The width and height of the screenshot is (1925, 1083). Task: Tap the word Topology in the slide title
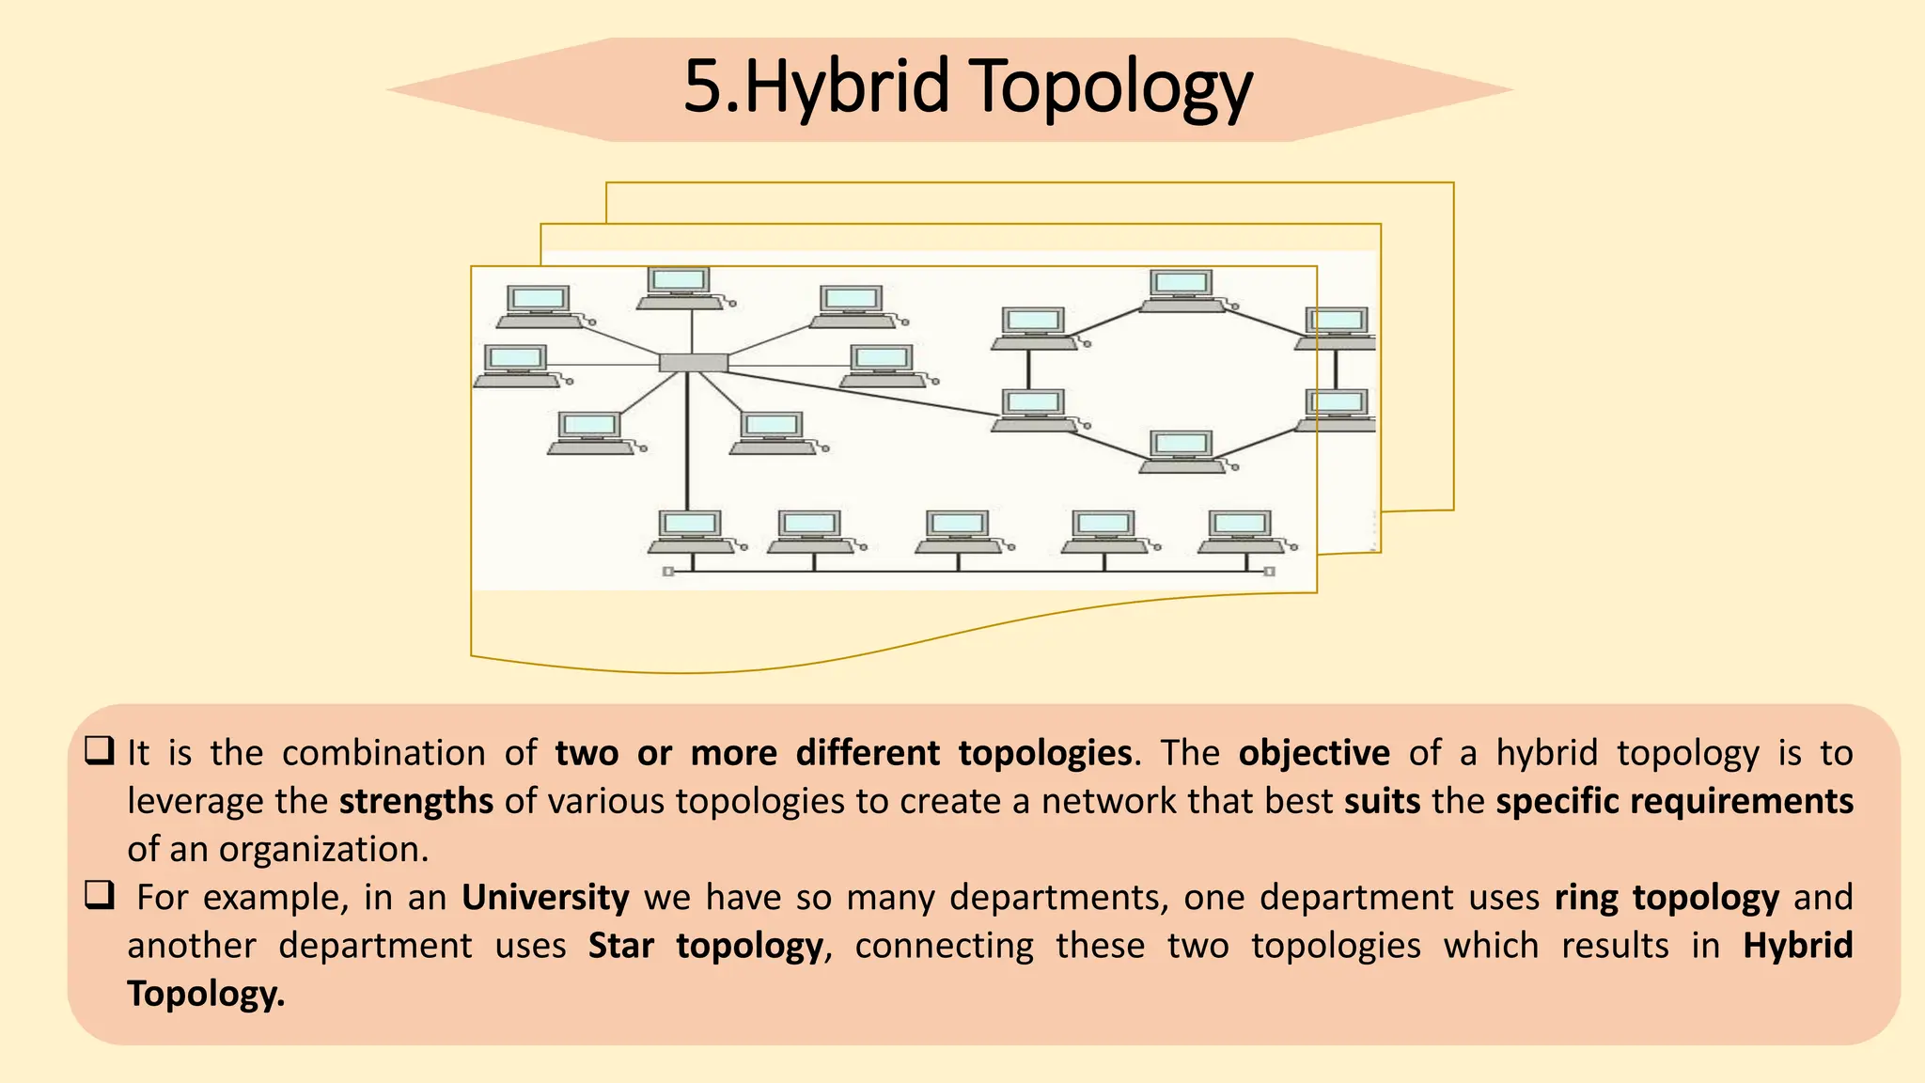coord(1110,87)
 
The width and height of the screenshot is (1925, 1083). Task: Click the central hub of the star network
coord(693,363)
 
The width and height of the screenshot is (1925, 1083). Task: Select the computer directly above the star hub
coord(681,288)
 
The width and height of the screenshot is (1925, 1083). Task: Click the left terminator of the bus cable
coord(668,572)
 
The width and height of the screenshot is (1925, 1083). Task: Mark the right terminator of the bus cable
coord(1269,572)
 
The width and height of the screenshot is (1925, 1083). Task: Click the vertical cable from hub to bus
coord(688,442)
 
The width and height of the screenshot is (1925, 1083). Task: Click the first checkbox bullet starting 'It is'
coord(99,751)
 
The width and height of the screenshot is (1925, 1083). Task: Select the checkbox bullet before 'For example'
coord(99,896)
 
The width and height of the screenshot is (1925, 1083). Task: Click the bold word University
coord(545,898)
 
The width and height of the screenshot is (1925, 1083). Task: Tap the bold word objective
coord(1313,753)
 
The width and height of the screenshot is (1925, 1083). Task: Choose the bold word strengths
coord(416,801)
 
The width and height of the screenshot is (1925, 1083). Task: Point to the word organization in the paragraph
coord(323,850)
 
